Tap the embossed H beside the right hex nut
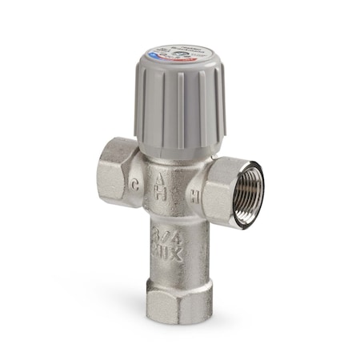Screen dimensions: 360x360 [x=195, y=194]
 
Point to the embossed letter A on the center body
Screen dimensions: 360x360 [x=162, y=178]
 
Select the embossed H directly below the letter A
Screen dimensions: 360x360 [x=161, y=195]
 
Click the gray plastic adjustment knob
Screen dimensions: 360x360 [x=180, y=104]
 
